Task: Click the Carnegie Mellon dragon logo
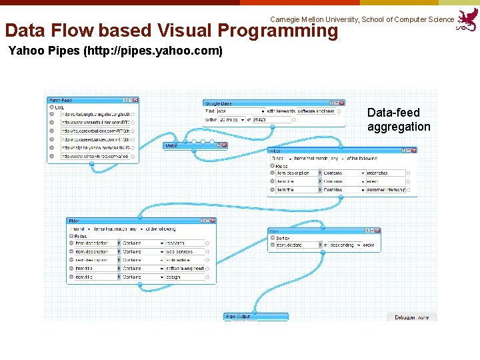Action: tap(467, 20)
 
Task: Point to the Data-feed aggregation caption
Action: tap(399, 119)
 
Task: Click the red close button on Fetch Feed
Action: tap(135, 100)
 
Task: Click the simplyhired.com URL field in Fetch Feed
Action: tap(95, 156)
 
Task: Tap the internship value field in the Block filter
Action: tap(385, 173)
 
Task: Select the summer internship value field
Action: tap(385, 190)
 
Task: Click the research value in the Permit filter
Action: tap(184, 243)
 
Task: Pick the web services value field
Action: tap(184, 252)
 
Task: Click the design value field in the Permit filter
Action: tap(184, 277)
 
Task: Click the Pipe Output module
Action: tap(256, 317)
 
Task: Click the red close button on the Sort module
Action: tap(377, 231)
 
